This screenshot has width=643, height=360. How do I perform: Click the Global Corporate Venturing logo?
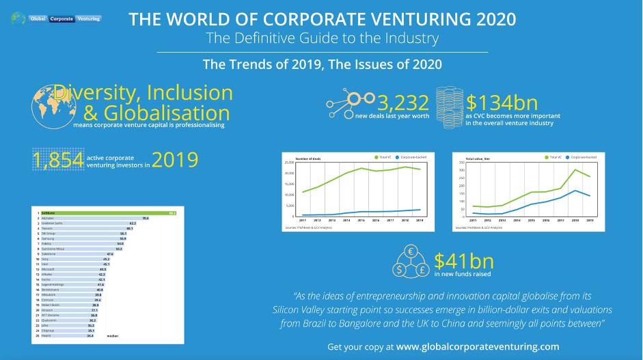point(56,18)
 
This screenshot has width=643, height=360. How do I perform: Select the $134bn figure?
point(502,103)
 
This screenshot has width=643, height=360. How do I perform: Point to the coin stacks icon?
point(449,104)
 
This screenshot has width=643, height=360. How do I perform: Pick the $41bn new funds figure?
point(459,260)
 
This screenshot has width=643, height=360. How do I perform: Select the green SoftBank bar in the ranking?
point(106,214)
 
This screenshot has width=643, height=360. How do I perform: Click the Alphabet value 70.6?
point(146,219)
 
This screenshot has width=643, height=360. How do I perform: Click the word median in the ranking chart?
point(113,336)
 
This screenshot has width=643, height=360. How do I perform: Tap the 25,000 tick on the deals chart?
point(288,163)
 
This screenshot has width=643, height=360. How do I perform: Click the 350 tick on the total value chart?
point(460,163)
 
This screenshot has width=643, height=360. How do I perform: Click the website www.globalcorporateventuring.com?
point(478,346)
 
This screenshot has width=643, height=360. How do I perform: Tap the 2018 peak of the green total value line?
point(576,169)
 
